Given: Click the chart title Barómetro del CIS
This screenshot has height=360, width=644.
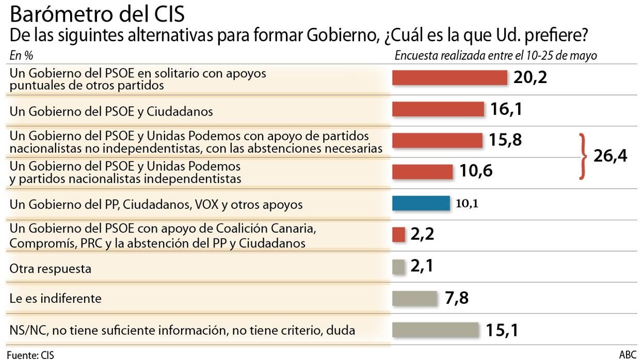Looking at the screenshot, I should click(x=97, y=14).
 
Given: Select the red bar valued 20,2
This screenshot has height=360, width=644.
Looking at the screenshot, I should click(x=449, y=77).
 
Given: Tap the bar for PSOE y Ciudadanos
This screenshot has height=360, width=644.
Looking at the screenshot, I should click(x=438, y=109).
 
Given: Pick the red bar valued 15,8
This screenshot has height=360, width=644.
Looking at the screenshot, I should click(x=437, y=140).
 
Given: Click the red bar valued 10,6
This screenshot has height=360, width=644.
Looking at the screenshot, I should click(x=422, y=171).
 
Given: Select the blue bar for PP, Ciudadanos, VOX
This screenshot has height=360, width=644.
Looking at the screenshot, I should click(x=421, y=203).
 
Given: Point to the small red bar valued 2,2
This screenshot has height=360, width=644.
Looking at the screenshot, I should click(x=399, y=235).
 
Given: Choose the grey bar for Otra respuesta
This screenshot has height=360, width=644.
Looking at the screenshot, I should click(x=398, y=267).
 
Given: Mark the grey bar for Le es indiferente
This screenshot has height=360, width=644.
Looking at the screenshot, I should click(x=414, y=298).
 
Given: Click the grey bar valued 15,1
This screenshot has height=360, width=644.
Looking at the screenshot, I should click(x=436, y=330).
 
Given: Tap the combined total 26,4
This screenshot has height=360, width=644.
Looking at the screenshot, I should click(x=610, y=156).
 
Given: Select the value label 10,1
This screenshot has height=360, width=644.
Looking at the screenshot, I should click(x=467, y=204).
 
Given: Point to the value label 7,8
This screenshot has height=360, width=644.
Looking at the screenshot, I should click(x=456, y=298).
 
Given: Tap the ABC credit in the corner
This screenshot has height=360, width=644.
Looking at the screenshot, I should click(x=627, y=355).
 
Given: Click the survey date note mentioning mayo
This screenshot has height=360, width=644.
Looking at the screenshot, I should click(x=495, y=56).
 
